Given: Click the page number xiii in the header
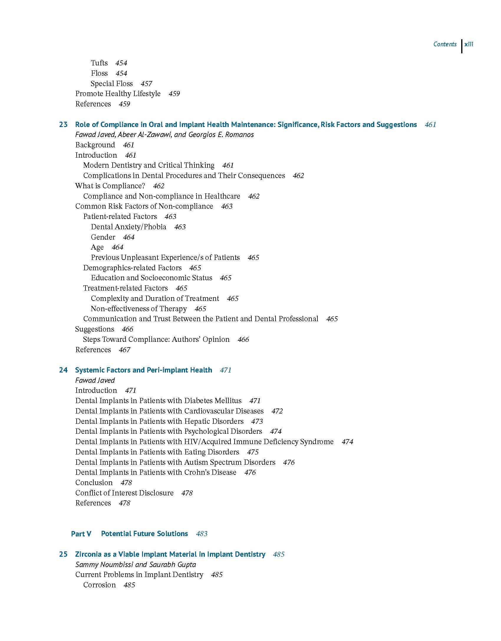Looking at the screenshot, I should pyautogui.click(x=469, y=44).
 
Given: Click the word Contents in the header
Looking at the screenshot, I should pyautogui.click(x=445, y=44).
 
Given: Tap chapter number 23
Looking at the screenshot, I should pyautogui.click(x=63, y=125).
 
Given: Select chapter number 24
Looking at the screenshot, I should pyautogui.click(x=63, y=370).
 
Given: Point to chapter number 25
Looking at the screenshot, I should pyautogui.click(x=63, y=554).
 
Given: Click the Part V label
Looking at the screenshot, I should pyautogui.click(x=81, y=534).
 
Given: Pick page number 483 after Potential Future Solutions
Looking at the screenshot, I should pyautogui.click(x=202, y=534).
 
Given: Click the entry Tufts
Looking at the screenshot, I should pyautogui.click(x=99, y=63).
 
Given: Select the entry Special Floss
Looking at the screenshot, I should pyautogui.click(x=112, y=84).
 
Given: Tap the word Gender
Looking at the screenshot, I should pyautogui.click(x=103, y=237).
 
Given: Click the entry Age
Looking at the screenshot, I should pyautogui.click(x=97, y=247).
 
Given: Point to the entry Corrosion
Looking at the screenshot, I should pyautogui.click(x=100, y=585).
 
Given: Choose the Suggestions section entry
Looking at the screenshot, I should pyautogui.click(x=95, y=329).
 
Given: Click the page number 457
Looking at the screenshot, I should pyautogui.click(x=146, y=84).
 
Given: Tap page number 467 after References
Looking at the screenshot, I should pyautogui.click(x=124, y=350).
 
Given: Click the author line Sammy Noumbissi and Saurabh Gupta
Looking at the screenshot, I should pyautogui.click(x=136, y=565).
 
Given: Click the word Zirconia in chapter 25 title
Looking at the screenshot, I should pyautogui.click(x=88, y=554).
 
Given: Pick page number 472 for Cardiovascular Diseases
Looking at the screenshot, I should pyautogui.click(x=277, y=411).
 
